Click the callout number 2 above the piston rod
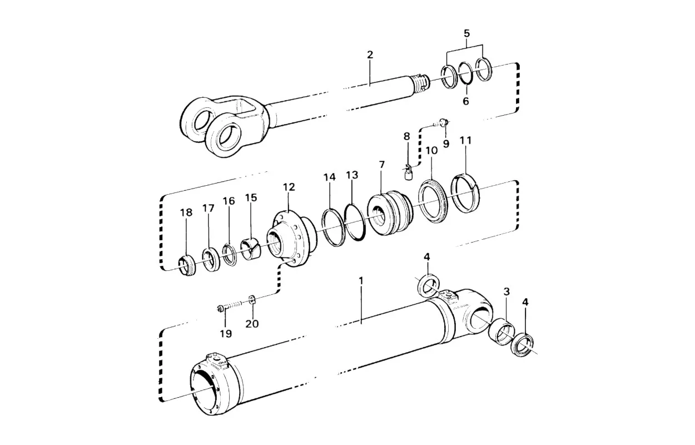click(x=370, y=55)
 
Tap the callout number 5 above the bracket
click(x=466, y=33)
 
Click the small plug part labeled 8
click(x=408, y=172)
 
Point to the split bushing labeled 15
click(x=251, y=249)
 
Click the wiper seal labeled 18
click(x=186, y=266)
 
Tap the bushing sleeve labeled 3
click(x=501, y=332)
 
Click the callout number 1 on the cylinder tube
click(x=361, y=281)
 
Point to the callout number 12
click(x=289, y=187)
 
